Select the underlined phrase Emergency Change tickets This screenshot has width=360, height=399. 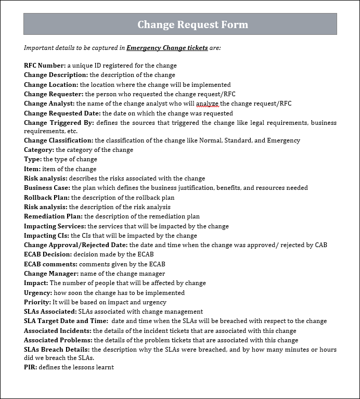[x=167, y=48]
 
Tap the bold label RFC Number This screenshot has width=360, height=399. [x=45, y=66]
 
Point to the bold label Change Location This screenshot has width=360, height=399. [x=51, y=85]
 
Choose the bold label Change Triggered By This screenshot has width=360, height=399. [x=59, y=123]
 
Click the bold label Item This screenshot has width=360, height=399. [x=32, y=169]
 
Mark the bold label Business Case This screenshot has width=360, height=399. [x=47, y=188]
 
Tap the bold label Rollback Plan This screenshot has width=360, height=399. [x=47, y=198]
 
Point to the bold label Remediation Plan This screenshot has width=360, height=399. [x=53, y=216]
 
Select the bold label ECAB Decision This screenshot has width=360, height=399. [x=48, y=254]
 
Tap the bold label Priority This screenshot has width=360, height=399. [x=37, y=302]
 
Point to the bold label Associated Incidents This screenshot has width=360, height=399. [x=58, y=331]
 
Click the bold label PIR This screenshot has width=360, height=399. [x=30, y=367]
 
